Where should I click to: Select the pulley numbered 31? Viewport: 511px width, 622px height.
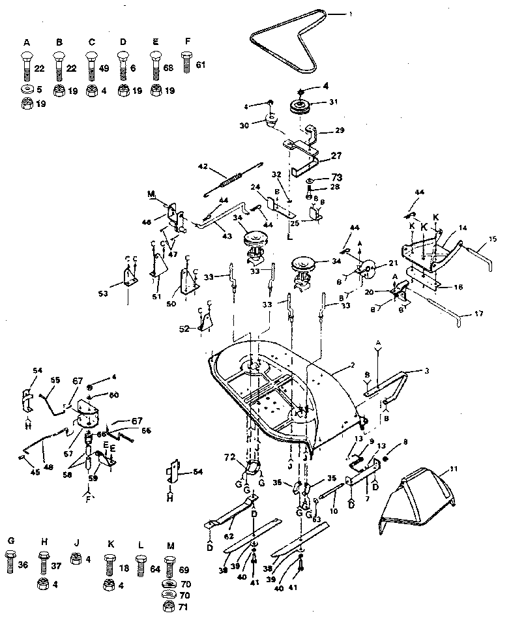tap(299, 107)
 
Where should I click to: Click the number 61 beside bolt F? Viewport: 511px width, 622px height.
tap(200, 65)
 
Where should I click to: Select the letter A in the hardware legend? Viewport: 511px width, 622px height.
tap(27, 42)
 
